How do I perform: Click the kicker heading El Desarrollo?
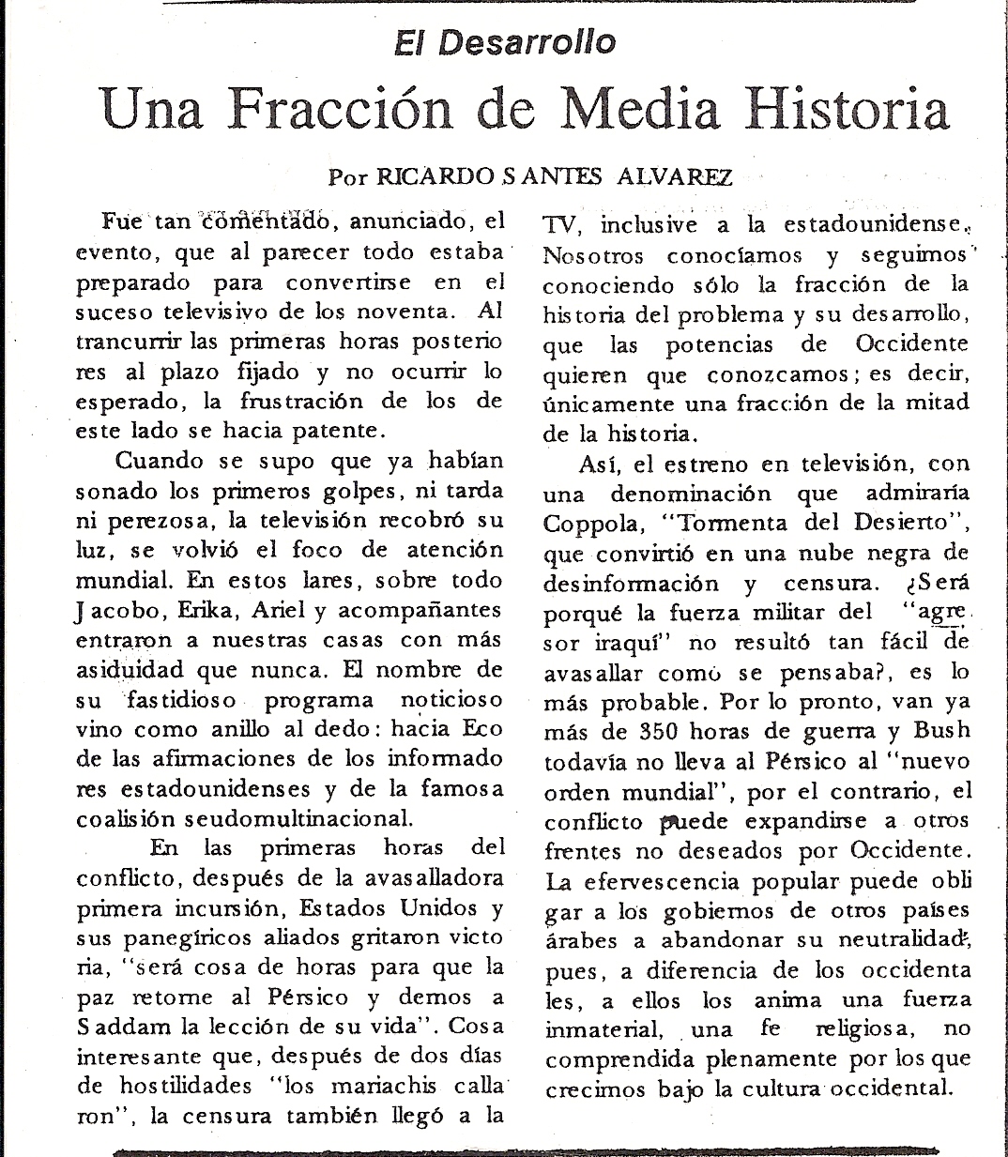pos(505,42)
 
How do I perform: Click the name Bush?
pos(942,730)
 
